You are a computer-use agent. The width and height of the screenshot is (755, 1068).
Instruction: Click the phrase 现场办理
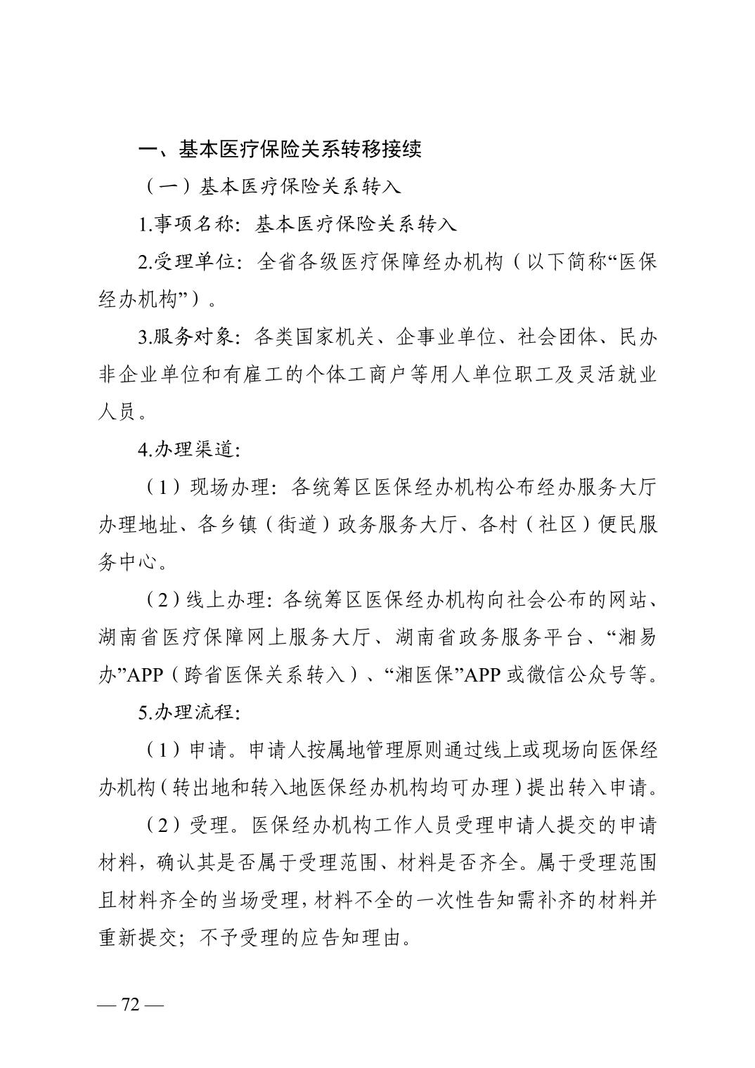[230, 487]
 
